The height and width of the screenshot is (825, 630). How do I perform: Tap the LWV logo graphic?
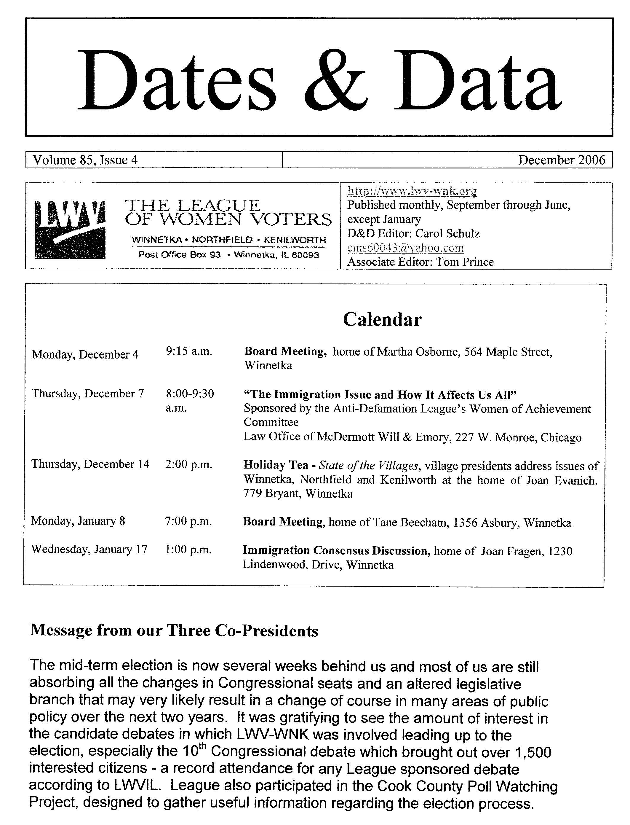(x=70, y=229)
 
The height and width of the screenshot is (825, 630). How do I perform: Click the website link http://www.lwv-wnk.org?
(x=412, y=191)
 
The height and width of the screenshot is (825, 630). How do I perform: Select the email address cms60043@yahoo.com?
(x=405, y=248)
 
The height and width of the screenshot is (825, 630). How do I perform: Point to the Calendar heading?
(x=382, y=320)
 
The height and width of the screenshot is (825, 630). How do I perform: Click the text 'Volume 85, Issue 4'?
(x=85, y=160)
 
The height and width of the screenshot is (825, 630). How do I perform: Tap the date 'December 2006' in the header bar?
(x=561, y=160)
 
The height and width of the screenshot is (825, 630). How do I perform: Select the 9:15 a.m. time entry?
(x=189, y=351)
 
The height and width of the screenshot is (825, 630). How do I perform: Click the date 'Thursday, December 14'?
(x=90, y=464)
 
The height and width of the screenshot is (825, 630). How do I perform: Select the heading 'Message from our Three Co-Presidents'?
(x=174, y=631)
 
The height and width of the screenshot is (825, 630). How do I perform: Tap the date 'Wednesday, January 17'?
(x=89, y=549)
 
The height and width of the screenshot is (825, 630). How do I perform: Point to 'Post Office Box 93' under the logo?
(x=179, y=255)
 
